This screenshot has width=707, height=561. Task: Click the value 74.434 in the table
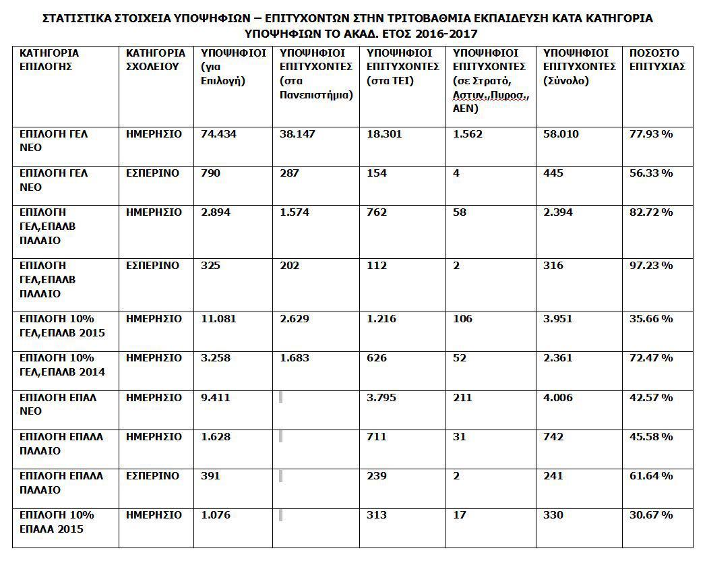218,134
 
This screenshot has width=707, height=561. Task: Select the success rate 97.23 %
652,266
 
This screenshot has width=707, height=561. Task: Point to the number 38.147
297,134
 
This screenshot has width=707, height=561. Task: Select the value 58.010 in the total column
561,134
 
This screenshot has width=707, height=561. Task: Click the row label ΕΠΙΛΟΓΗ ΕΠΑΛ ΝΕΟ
58,405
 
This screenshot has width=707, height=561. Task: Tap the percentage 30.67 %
652,515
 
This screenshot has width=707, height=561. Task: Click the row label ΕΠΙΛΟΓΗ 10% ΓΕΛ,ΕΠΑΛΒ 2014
62,365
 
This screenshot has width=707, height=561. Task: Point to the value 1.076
216,515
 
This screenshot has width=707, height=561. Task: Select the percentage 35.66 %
652,318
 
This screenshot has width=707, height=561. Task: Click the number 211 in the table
462,398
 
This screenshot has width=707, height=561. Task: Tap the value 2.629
295,318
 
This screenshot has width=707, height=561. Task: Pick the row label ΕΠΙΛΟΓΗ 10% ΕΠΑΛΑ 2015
57,522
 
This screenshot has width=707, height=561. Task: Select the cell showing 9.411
216,398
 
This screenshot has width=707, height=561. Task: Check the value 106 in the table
462,318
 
